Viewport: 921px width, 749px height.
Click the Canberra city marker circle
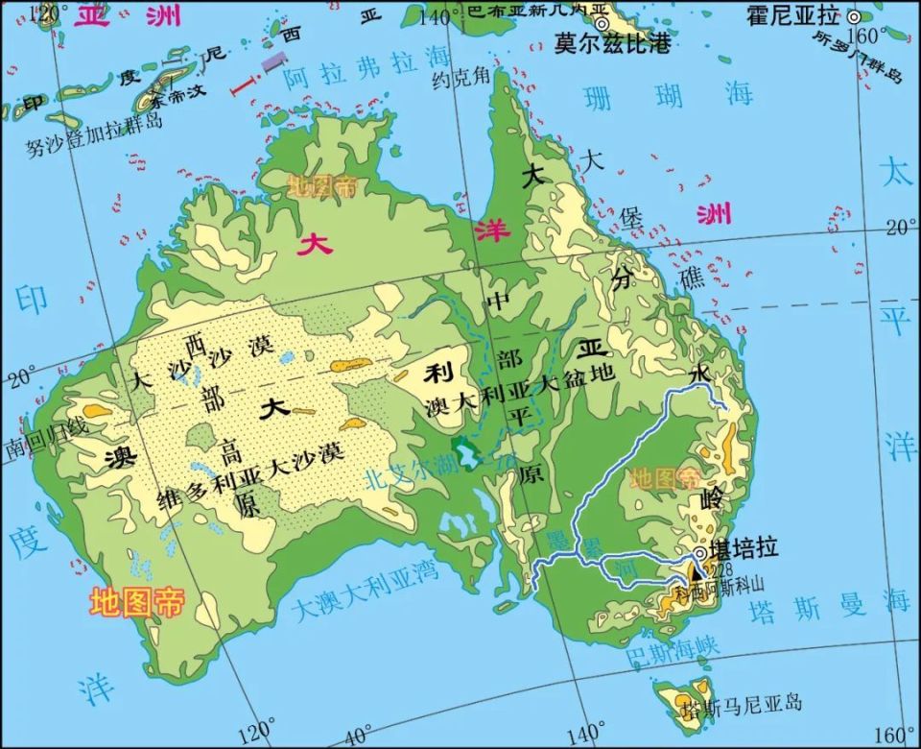click(x=702, y=554)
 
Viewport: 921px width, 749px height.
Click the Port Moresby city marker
click(x=602, y=23)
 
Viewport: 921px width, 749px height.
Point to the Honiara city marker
click(x=853, y=15)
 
